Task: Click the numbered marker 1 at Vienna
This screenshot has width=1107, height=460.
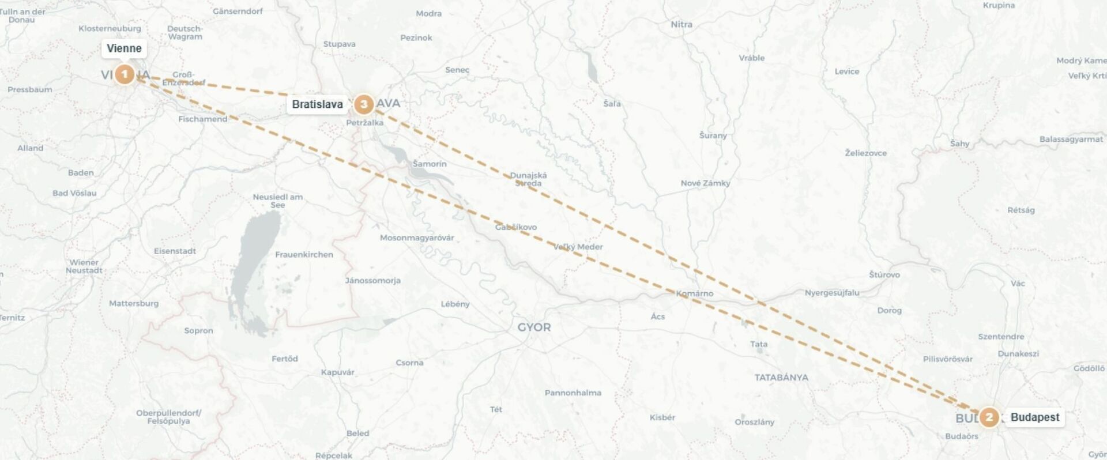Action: pos(125,74)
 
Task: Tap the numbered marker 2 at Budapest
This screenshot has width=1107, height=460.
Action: pos(989,417)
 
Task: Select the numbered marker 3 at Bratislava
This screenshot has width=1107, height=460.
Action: pos(363,104)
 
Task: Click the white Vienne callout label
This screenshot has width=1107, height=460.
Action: pos(124,48)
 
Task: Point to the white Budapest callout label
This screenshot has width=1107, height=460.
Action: pos(1035,417)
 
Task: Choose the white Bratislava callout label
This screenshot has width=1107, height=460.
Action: pos(317,104)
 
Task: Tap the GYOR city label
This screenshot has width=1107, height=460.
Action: pos(534,327)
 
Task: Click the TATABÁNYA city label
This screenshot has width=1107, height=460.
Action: pos(781,378)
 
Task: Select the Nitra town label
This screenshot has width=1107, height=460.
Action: pos(681,25)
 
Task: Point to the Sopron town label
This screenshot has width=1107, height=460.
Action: pos(198,331)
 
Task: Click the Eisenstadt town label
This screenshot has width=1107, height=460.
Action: pos(175,251)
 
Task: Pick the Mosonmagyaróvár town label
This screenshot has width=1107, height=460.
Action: pos(417,238)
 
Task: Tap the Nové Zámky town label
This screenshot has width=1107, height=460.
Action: pos(705,183)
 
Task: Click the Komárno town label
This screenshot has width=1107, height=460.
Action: pos(695,293)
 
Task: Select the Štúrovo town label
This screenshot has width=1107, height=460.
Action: pos(884,275)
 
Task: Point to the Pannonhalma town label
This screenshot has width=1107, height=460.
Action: pos(573,393)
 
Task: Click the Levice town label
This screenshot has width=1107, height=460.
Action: pos(846,71)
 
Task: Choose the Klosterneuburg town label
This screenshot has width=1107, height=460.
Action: pos(110,29)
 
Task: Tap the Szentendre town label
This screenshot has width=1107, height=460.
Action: pos(1001,337)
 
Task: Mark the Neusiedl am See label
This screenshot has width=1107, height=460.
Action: pos(277,201)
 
